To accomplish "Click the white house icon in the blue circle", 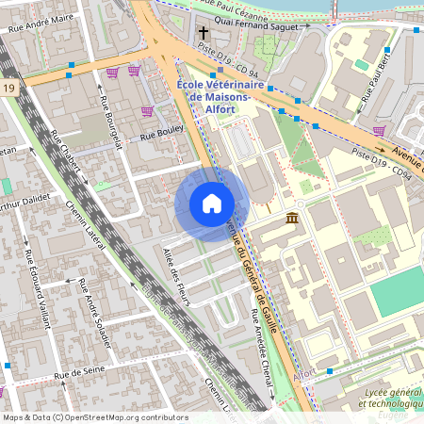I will point(212,204).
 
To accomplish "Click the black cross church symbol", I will point(203,33).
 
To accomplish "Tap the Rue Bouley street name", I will point(160,135).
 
